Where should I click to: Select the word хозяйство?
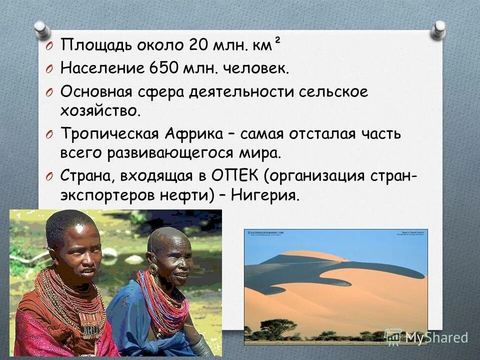pyautogui.click(x=100, y=110)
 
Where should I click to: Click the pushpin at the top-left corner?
pyautogui.click(x=41, y=28)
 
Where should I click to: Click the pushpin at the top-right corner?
pyautogui.click(x=438, y=29)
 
